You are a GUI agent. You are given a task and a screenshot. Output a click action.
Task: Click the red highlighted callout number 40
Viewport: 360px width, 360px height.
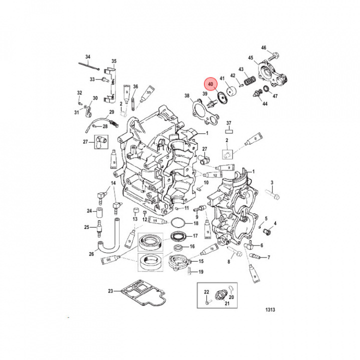[210, 84]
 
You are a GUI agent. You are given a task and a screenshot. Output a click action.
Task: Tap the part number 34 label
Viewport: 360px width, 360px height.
[87, 56]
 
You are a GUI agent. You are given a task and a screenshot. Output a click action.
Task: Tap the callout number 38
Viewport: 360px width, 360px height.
[186, 96]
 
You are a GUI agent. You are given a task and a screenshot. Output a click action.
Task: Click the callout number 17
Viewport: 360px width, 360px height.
[195, 235]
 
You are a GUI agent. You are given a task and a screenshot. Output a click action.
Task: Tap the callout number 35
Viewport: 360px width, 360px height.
[113, 61]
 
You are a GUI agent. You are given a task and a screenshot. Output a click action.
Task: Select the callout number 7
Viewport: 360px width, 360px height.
[268, 257]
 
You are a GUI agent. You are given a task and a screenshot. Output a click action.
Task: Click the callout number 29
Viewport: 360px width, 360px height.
[111, 112]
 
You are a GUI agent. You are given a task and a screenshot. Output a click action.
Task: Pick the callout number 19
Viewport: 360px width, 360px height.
[200, 272]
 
